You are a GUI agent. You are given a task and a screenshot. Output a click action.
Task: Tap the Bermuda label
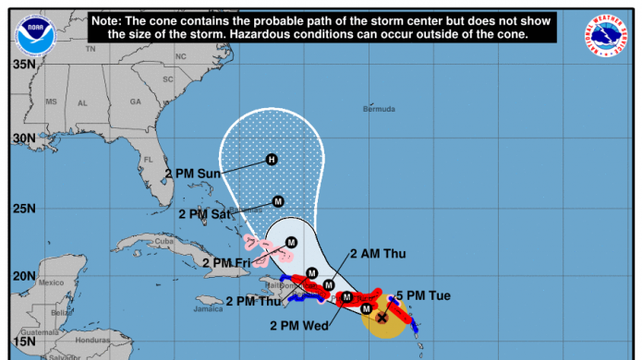coord(380,109)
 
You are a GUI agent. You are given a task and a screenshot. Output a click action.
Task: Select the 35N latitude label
coord(22,66)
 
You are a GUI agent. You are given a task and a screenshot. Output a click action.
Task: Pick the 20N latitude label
coord(22,276)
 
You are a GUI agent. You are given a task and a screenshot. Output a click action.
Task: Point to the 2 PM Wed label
coord(298,326)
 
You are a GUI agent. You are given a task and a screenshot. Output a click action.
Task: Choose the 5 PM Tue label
coord(423,296)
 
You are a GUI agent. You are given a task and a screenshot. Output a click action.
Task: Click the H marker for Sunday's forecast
coord(272,159)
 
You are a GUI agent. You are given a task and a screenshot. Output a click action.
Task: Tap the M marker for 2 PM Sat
coord(277,201)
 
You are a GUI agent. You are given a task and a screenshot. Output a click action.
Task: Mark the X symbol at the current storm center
coord(382,318)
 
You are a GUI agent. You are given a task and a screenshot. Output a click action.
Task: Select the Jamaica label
coord(209,310)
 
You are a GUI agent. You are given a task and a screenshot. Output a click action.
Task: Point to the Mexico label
coord(49,282)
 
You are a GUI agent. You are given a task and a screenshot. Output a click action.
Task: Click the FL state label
coord(148,159)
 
